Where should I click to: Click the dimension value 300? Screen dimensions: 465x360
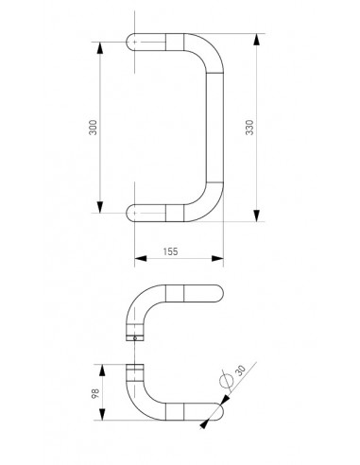pos(93,129)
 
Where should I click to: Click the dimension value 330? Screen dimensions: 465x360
pos(249,129)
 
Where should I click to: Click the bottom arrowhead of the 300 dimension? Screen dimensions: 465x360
pos(100,210)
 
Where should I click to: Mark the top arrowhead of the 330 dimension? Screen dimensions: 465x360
pos(257,39)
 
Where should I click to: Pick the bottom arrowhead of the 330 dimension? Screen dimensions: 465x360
pos(257,217)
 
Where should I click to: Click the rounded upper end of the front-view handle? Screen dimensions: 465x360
pos(131,43)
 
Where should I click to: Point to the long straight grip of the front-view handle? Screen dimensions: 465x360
pos(214,129)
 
